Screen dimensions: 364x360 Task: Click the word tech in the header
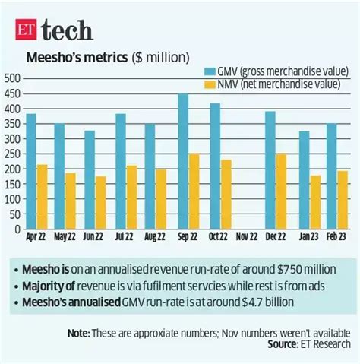pos(68,29)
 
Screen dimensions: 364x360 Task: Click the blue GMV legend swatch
pos(210,71)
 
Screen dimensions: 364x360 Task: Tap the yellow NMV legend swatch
pos(210,84)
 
